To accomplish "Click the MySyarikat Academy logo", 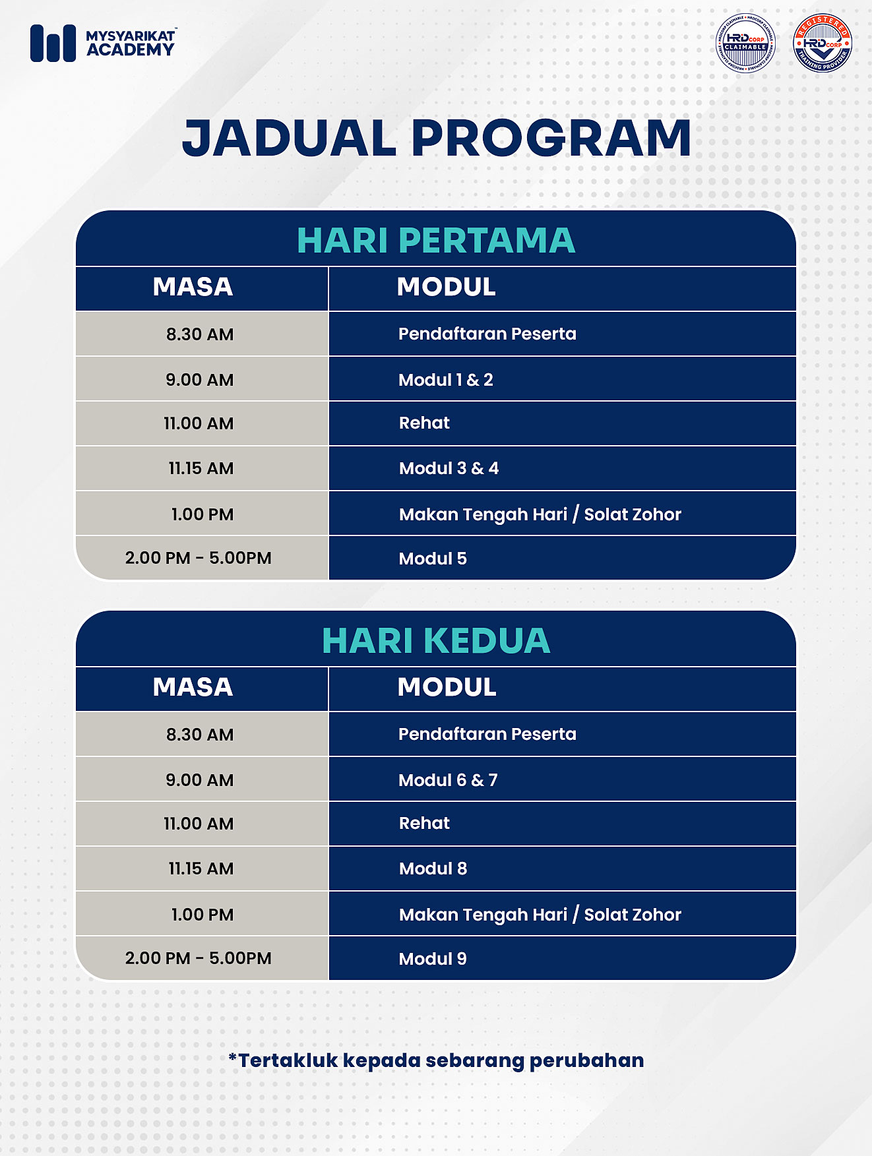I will coord(103,44).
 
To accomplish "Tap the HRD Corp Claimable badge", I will coord(745,44).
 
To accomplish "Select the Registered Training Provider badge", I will coord(822,44).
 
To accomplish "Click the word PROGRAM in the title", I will coord(551,138).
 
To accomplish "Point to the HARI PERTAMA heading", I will coord(436,240).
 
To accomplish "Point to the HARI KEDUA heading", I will coord(436,640).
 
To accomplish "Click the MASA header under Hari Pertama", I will coord(193,287).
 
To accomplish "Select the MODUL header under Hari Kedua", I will coord(447,687).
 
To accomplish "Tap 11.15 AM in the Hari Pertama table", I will coord(201,468).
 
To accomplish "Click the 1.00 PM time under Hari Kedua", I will coord(202,915).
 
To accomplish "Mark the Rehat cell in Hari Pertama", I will coord(424,423).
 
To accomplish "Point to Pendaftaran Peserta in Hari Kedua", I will coord(487,734).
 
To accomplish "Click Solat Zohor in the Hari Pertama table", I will coord(633,514).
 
